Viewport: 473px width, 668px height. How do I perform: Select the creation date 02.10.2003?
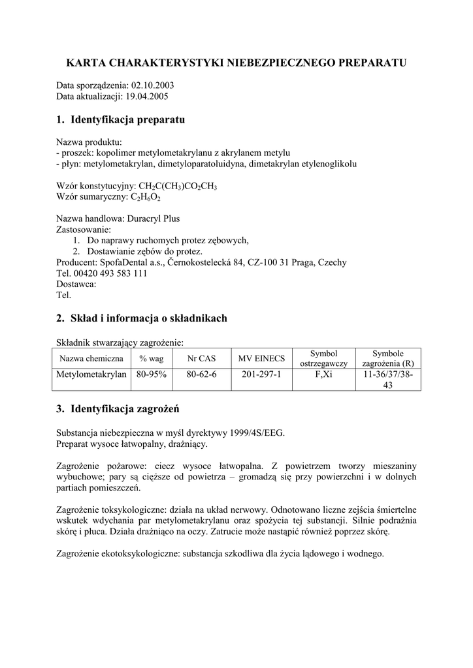coord(152,85)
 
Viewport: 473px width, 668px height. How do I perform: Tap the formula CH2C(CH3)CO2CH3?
coord(178,186)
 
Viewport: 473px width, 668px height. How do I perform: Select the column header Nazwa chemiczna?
coord(91,358)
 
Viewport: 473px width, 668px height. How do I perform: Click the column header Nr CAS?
coord(201,358)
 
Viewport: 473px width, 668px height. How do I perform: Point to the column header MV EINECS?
coord(261,358)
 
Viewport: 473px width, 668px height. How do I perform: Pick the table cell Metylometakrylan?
coord(91,374)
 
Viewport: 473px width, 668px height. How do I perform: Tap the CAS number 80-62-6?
coord(201,374)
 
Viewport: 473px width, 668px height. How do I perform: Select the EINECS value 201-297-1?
coord(261,374)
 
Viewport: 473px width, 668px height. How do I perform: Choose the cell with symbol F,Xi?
coord(323,374)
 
